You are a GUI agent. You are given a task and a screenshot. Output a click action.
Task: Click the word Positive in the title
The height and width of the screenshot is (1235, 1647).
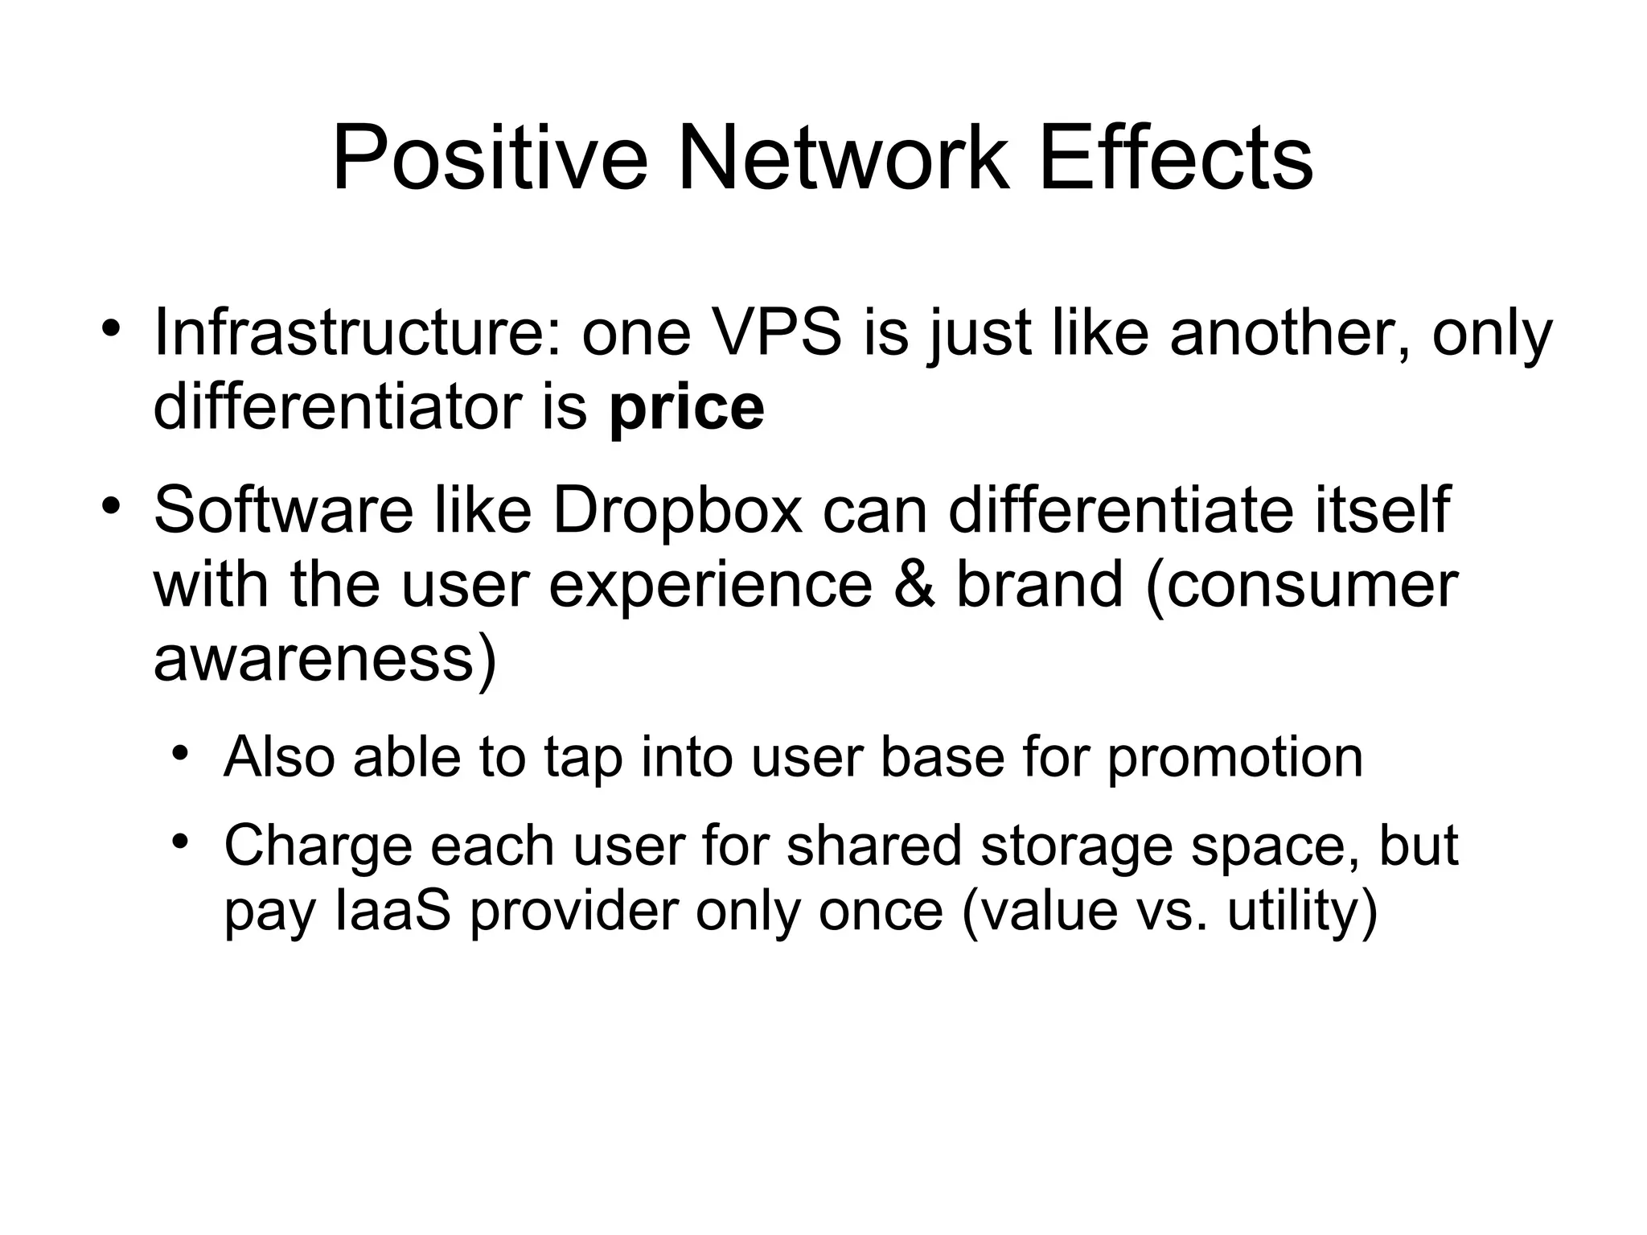point(489,158)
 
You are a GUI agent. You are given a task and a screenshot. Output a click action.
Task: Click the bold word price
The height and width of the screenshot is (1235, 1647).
point(687,408)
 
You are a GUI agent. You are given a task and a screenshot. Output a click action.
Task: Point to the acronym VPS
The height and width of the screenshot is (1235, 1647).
point(778,332)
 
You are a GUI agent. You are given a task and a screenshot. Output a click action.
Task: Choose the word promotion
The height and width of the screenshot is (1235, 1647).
point(1235,758)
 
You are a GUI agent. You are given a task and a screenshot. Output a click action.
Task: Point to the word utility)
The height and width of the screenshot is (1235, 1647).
point(1302,911)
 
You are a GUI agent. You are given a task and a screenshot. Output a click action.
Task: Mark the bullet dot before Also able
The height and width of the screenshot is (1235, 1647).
point(180,754)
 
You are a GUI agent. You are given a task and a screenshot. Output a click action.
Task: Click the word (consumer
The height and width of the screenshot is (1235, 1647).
point(1301,585)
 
